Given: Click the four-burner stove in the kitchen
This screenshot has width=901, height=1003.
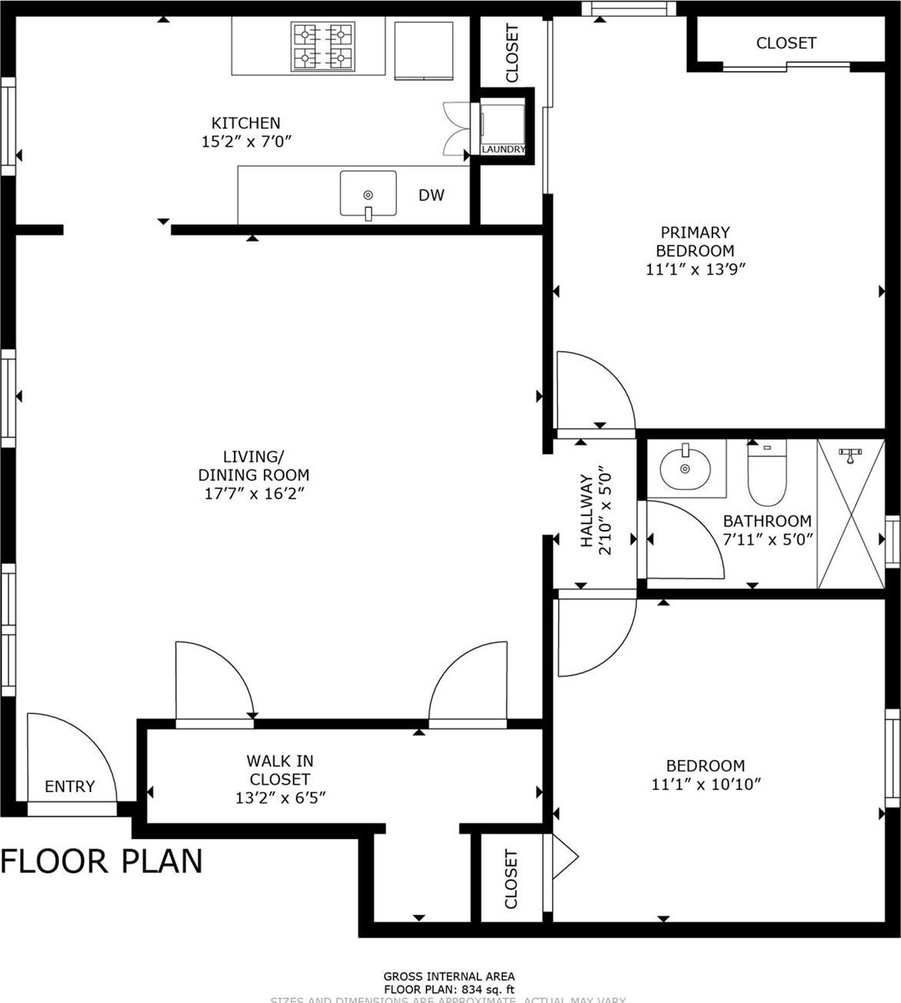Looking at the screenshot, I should pyautogui.click(x=322, y=46).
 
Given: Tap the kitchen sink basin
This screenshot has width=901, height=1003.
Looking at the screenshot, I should pyautogui.click(x=368, y=194).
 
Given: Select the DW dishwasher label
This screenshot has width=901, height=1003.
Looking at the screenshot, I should pyautogui.click(x=431, y=196).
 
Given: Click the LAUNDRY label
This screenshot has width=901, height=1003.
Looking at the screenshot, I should pyautogui.click(x=503, y=150).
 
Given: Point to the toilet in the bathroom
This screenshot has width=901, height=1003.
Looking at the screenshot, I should pyautogui.click(x=767, y=469).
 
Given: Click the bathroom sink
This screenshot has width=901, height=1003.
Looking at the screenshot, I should pyautogui.click(x=685, y=466).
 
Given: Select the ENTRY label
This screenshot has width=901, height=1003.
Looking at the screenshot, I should pyautogui.click(x=70, y=786).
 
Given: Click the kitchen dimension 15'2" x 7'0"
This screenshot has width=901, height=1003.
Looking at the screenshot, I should pyautogui.click(x=246, y=142).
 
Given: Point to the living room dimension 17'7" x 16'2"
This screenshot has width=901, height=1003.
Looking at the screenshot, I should pyautogui.click(x=254, y=494).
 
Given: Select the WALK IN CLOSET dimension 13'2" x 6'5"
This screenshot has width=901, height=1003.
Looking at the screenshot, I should pyautogui.click(x=280, y=797).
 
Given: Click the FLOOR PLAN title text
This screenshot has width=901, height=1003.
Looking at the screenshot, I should pyautogui.click(x=101, y=861).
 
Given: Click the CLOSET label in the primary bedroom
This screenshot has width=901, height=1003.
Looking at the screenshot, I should pyautogui.click(x=786, y=44).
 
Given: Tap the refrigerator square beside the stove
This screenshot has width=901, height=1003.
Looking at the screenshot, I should pyautogui.click(x=423, y=50).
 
